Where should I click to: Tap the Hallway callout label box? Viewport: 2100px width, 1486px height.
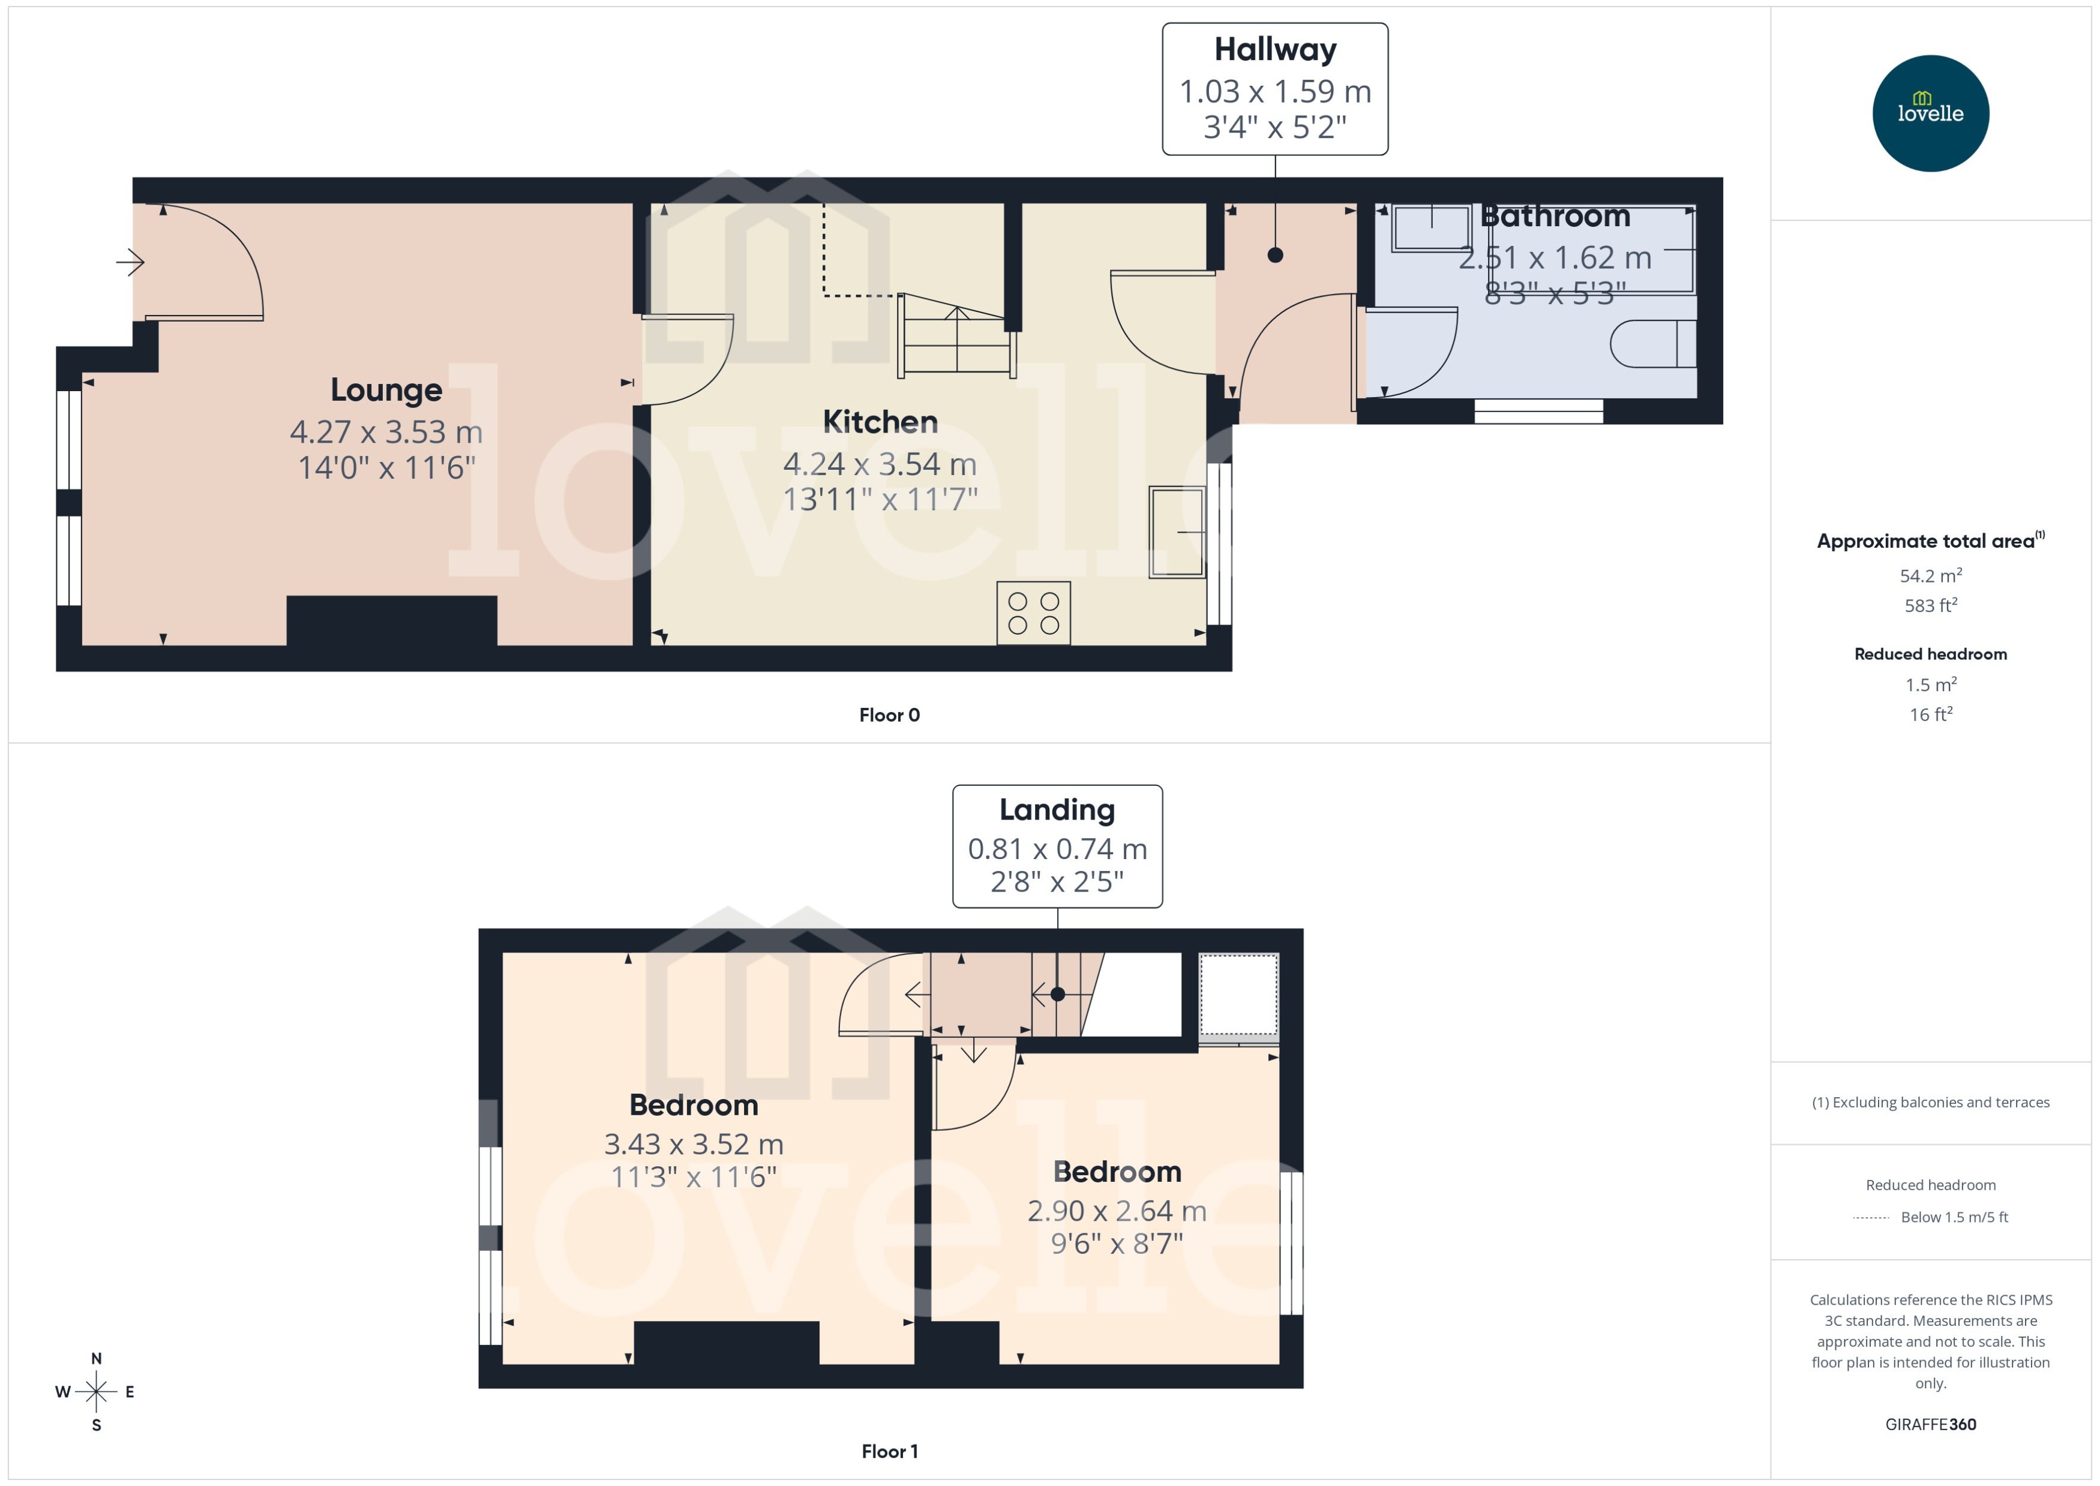(1274, 89)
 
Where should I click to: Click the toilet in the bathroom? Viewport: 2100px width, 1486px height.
(1652, 343)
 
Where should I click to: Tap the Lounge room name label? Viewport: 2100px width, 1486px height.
(386, 390)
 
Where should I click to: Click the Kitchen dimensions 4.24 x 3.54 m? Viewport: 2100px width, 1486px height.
(880, 464)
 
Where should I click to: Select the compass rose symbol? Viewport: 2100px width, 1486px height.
(96, 1392)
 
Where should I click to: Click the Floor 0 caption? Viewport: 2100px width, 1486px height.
(889, 715)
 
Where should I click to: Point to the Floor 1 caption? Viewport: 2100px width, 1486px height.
(889, 1451)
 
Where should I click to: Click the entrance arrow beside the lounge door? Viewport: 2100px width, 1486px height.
(130, 263)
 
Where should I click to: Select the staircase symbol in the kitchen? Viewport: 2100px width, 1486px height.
(956, 336)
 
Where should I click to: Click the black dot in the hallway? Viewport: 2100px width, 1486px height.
(1274, 256)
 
